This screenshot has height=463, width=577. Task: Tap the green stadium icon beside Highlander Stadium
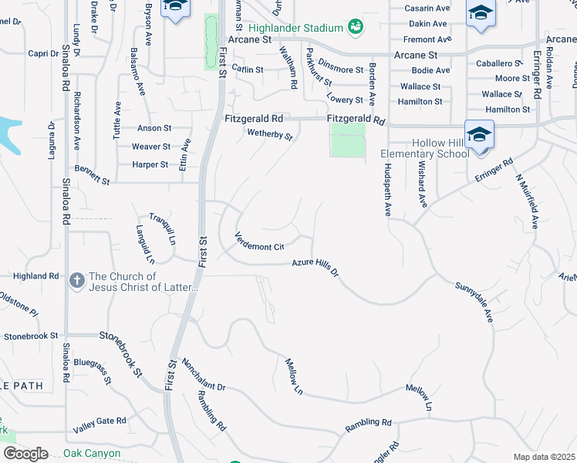355,28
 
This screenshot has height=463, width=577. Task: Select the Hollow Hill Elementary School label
430,148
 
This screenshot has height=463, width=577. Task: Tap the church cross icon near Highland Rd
76,281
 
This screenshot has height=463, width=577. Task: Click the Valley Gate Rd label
100,424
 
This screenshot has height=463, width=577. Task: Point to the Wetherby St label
270,135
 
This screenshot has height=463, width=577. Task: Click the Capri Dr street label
38,54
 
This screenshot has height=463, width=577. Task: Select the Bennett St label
93,174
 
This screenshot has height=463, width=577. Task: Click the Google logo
25,453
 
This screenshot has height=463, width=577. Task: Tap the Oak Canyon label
92,453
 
